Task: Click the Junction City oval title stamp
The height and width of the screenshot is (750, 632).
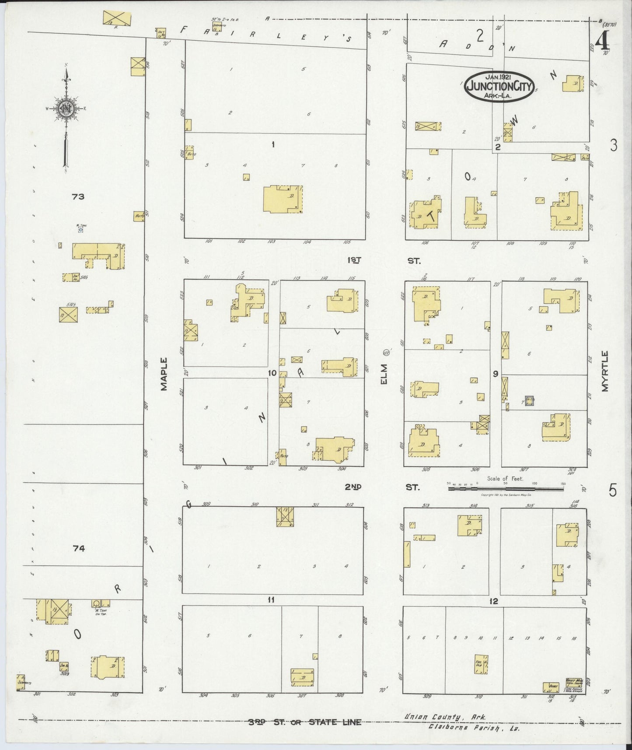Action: click(499, 86)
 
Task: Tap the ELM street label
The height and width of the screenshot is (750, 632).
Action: click(384, 375)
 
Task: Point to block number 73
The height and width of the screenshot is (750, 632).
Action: click(78, 197)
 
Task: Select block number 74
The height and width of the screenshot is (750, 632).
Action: click(79, 548)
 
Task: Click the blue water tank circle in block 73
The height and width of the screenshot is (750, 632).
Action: click(80, 230)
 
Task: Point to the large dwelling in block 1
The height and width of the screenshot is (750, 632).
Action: click(283, 199)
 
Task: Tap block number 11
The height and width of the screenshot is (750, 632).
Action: click(271, 600)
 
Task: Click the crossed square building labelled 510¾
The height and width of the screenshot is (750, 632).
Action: click(69, 314)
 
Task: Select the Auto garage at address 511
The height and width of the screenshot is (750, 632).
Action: click(139, 216)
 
